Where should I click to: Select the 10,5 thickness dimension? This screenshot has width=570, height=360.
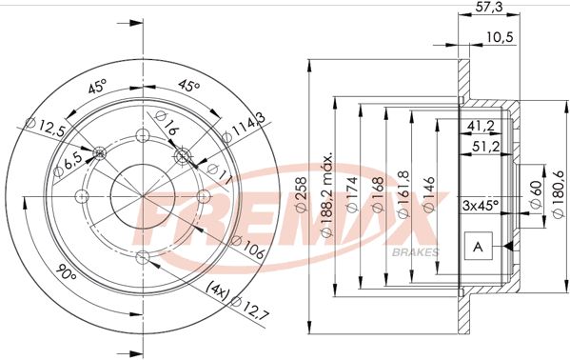coord(500,37)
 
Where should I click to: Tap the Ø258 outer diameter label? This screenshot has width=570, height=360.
coord(302,194)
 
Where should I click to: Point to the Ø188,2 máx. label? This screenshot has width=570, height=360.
coord(327,194)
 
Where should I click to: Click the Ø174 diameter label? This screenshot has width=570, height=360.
coord(352,194)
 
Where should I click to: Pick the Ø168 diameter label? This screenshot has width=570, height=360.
coord(378,194)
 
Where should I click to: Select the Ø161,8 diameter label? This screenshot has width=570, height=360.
coord(403,194)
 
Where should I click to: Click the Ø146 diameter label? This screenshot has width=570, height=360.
coord(429,194)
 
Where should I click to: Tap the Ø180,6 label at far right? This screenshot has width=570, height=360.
coord(560,194)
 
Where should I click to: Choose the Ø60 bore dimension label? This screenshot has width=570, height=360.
coord(536,194)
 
